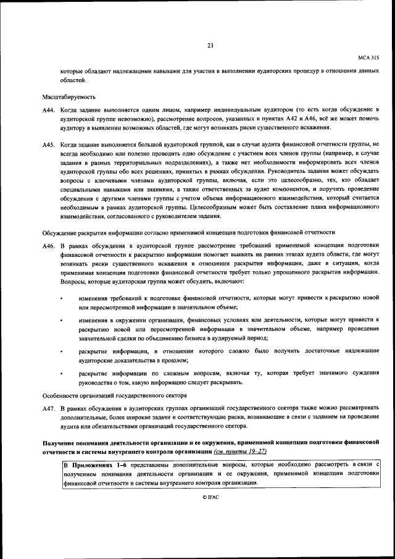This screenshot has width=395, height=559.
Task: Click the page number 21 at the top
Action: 210,45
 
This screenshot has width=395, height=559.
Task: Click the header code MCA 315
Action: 368,57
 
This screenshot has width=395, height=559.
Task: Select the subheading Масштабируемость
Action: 69,98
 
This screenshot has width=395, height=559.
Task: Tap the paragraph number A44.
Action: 49,110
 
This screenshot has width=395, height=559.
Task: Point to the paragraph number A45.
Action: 49,144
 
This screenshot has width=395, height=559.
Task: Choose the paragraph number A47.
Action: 49,409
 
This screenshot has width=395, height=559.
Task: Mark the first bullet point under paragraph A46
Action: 61,298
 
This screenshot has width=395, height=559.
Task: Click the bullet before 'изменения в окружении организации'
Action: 61,320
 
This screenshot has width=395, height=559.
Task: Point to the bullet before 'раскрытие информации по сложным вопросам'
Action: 61,374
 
